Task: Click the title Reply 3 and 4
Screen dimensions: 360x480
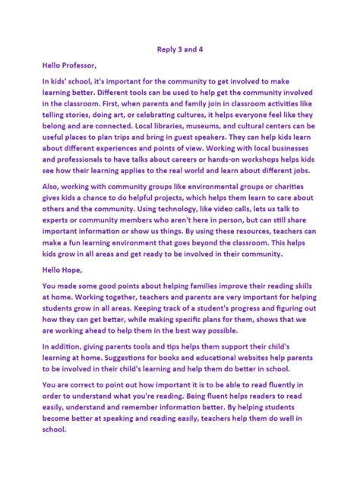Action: (x=179, y=49)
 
